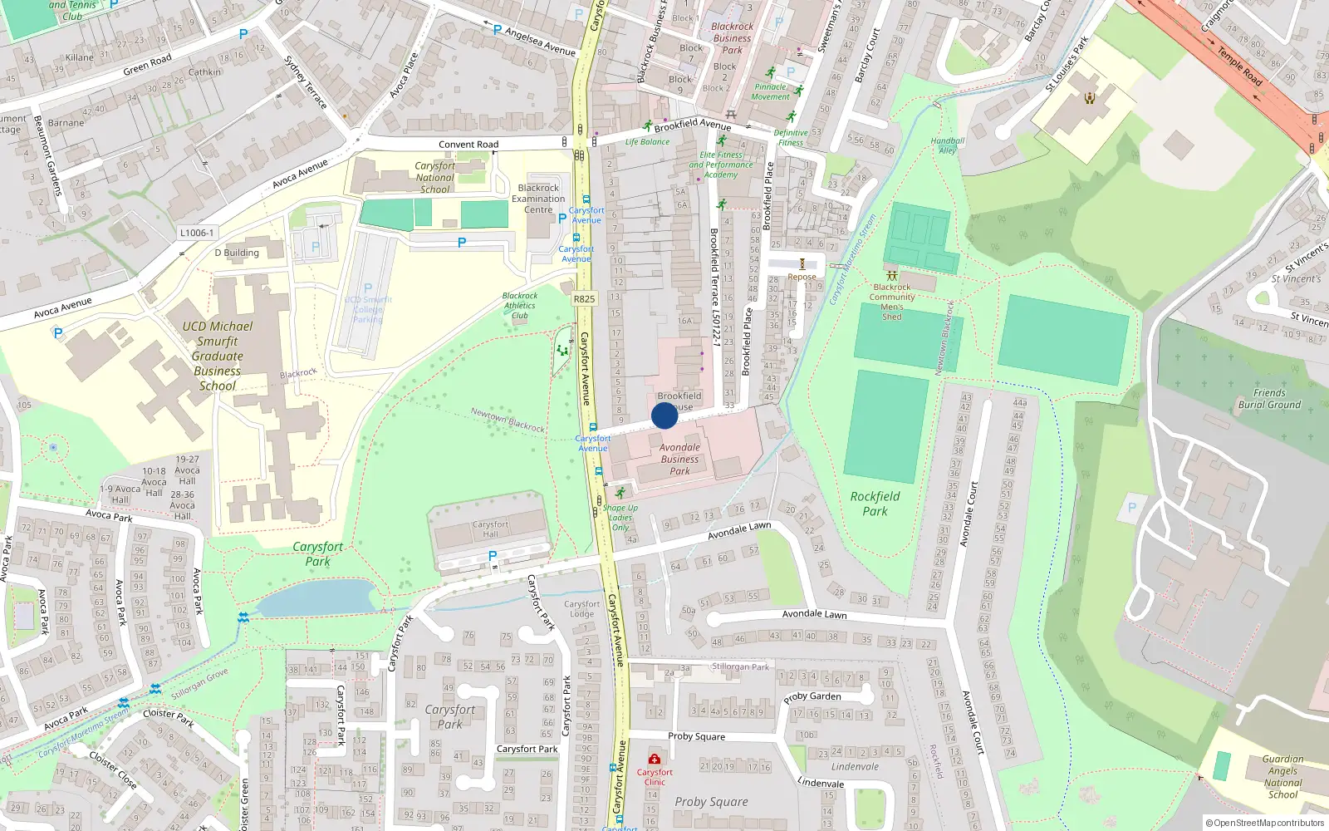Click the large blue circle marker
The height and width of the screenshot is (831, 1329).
[x=664, y=415]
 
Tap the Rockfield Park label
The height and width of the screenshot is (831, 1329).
[x=875, y=504]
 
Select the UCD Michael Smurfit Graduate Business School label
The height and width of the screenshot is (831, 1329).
[x=218, y=356]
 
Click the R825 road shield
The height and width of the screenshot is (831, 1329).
[x=584, y=298]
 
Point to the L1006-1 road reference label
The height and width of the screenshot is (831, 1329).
[x=197, y=233]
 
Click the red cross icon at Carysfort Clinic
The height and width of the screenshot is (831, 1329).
[x=655, y=759]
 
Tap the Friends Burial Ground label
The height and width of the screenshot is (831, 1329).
[x=1269, y=399]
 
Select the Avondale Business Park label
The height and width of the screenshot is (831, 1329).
[x=679, y=459]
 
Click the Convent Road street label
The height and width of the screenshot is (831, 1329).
[x=468, y=145]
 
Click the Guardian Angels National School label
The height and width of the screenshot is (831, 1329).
[x=1282, y=777]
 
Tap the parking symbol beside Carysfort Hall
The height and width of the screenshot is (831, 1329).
[x=493, y=556]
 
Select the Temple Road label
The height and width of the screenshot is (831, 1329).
[x=1239, y=66]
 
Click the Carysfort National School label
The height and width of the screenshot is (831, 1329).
[x=434, y=178]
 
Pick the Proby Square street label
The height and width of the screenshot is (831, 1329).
[x=696, y=736]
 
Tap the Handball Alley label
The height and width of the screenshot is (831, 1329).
[x=948, y=145]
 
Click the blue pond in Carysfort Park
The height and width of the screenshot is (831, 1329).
[x=316, y=597]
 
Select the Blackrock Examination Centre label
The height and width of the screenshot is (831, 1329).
[x=538, y=199]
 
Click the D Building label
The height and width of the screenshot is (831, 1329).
[x=237, y=253]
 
